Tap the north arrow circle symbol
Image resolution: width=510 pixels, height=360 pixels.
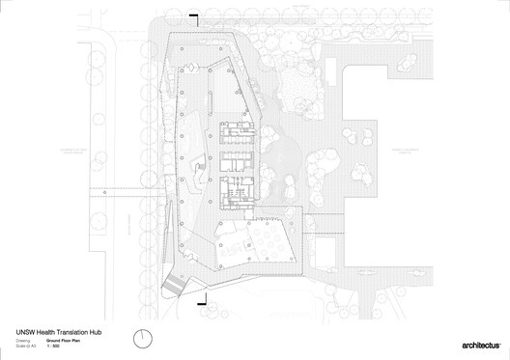144,339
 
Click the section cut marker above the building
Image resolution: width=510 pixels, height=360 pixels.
194,16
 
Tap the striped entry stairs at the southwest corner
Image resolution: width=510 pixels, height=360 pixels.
174,284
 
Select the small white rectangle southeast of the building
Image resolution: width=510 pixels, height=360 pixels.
325,253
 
